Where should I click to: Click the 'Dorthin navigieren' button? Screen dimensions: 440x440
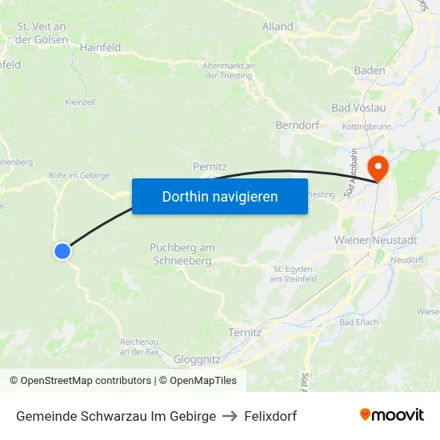(x=220, y=196)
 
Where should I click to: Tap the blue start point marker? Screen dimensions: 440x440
(x=62, y=251)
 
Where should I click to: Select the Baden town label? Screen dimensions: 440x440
(x=370, y=70)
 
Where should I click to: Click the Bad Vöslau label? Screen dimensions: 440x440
(x=358, y=107)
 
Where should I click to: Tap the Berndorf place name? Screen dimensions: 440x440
(x=297, y=126)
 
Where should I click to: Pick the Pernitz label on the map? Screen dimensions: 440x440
(x=211, y=166)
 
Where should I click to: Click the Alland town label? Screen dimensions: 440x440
(x=278, y=26)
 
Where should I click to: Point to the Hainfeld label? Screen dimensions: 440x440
(x=100, y=47)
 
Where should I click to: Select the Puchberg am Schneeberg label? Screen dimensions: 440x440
(x=182, y=254)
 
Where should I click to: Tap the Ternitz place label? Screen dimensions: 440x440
(x=245, y=332)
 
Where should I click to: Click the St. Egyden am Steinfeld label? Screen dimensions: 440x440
(x=294, y=274)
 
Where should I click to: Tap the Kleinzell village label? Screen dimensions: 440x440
(x=80, y=102)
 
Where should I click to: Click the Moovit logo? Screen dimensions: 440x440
(x=391, y=415)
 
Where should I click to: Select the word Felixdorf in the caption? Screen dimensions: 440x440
(x=270, y=416)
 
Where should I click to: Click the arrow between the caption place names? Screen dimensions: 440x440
(x=230, y=416)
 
